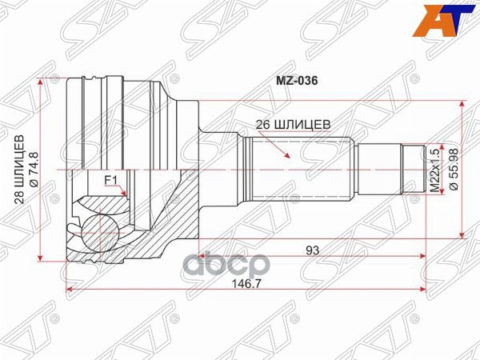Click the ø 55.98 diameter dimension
(453, 169)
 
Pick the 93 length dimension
(312, 250)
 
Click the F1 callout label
(110, 179)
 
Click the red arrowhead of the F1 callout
(123, 192)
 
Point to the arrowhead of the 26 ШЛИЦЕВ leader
(288, 157)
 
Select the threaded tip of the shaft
(413, 169)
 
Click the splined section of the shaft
(300, 169)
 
